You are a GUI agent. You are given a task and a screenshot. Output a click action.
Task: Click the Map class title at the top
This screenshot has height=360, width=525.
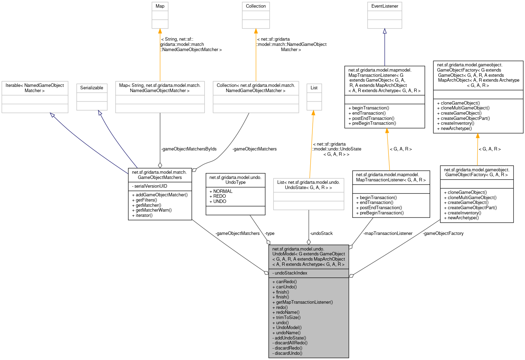pyautogui.click(x=160, y=6)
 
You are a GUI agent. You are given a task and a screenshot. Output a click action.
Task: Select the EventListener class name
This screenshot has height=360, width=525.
pyautogui.click(x=384, y=6)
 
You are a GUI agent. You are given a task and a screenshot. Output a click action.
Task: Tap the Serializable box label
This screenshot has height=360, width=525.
pyautogui.click(x=92, y=88)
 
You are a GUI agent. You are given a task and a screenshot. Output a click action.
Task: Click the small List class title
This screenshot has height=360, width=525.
pyautogui.click(x=314, y=88)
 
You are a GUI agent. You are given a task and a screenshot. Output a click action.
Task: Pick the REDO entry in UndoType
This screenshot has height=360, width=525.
pyautogui.click(x=220, y=196)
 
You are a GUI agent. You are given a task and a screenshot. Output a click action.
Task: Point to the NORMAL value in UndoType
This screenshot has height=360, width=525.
pyautogui.click(x=223, y=191)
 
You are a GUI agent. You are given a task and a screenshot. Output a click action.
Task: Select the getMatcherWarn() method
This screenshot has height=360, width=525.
pyautogui.click(x=154, y=210)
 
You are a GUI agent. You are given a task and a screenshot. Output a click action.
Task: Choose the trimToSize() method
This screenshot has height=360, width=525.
pyautogui.click(x=288, y=318)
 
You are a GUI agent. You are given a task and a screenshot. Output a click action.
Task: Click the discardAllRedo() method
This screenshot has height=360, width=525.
pyautogui.click(x=291, y=343)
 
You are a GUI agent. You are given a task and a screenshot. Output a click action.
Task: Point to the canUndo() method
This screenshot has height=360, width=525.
pyautogui.click(x=286, y=287)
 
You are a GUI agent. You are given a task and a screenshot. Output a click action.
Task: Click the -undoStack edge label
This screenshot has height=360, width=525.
pyautogui.click(x=321, y=234)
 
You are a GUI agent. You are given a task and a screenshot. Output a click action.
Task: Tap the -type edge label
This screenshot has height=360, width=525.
pyautogui.click(x=270, y=234)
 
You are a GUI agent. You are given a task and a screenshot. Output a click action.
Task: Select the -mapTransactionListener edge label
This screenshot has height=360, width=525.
pyautogui.click(x=388, y=234)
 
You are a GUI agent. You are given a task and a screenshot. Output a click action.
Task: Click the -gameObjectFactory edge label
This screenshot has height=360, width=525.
pyautogui.click(x=443, y=234)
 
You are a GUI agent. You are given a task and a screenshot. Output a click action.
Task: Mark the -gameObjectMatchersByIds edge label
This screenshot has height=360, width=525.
pyautogui.click(x=189, y=149)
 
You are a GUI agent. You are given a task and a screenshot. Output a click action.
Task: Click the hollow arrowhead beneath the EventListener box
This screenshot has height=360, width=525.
pyautogui.click(x=385, y=31)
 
